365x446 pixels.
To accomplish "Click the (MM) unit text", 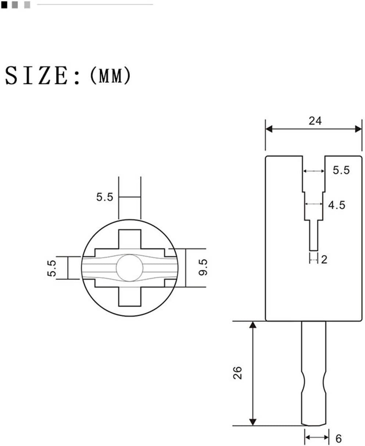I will click(110, 76).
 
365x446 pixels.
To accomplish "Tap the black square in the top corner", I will click(4, 5).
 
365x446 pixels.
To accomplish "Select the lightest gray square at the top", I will click(27, 5).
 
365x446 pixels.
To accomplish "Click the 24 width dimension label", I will click(315, 121).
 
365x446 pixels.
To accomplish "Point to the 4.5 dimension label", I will click(337, 205).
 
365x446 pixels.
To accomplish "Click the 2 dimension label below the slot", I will click(324, 259).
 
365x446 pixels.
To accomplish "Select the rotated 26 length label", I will click(238, 373).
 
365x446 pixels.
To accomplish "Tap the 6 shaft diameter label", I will click(338, 438).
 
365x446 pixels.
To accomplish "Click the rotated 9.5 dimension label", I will click(203, 267).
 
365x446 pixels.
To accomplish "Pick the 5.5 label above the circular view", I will click(105, 197).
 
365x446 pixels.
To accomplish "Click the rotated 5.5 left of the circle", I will click(53, 268).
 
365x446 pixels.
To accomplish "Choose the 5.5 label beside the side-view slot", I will click(341, 170).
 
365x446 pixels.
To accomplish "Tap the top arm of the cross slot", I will click(130, 239).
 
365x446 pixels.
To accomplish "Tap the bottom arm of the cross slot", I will click(130, 296).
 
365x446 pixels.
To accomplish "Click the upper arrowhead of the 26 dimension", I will click(253, 324).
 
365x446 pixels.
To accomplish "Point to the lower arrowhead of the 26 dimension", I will click(253, 422).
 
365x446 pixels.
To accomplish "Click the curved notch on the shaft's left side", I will click(303, 382).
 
